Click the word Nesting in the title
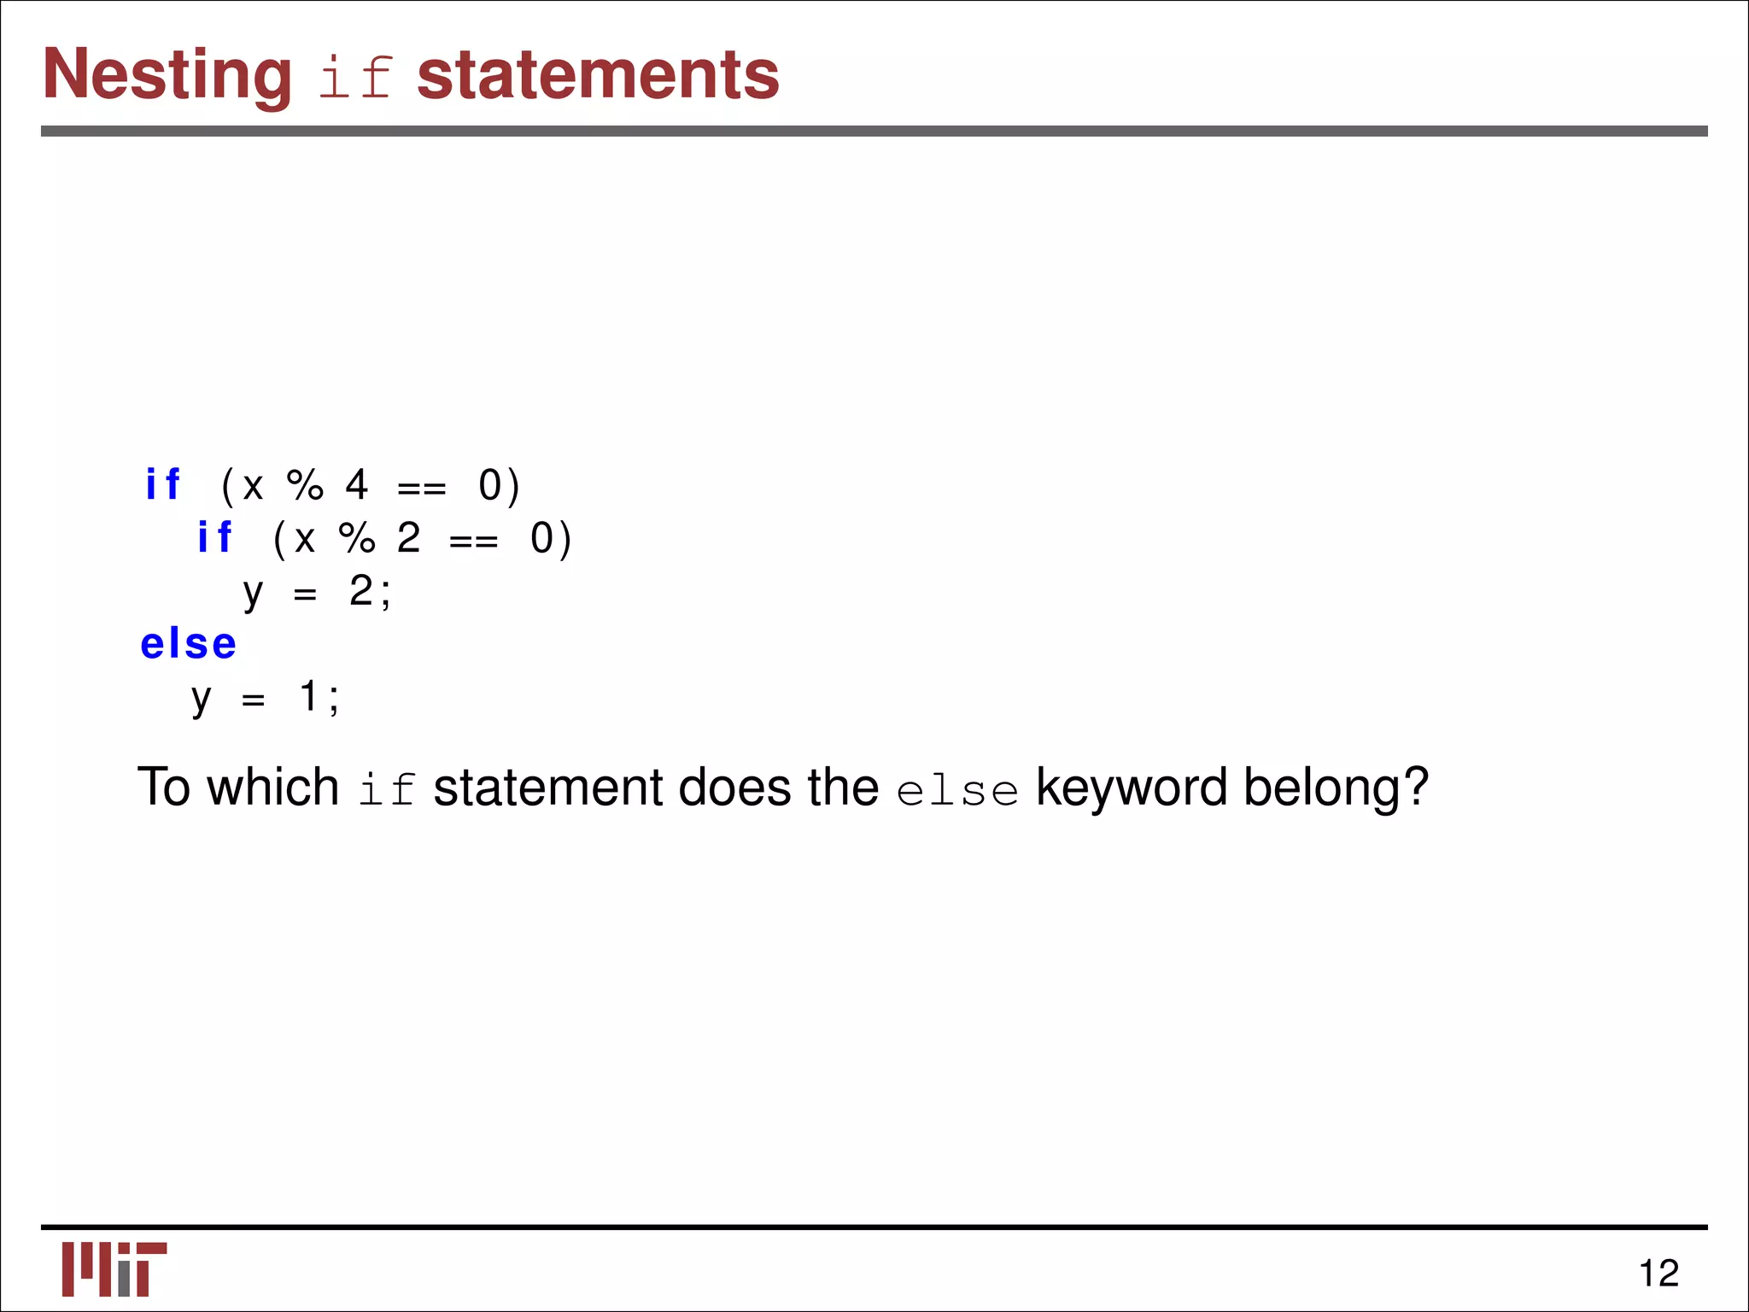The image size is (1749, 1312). [x=167, y=75]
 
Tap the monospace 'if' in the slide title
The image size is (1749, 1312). [x=354, y=78]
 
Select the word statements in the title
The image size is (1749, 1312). [x=598, y=75]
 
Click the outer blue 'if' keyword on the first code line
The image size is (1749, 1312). [x=162, y=485]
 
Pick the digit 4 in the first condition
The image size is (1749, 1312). [x=357, y=485]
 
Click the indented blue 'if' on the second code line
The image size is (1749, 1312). [x=214, y=538]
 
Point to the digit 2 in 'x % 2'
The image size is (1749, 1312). [x=409, y=538]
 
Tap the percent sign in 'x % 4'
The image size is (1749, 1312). [x=305, y=485]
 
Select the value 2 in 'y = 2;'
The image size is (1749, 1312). [x=361, y=591]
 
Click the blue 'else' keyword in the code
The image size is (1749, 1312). [x=188, y=644]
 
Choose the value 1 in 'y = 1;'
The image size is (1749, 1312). [x=309, y=696]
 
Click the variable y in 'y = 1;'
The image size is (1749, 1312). [x=202, y=700]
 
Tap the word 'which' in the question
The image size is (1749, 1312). [x=273, y=787]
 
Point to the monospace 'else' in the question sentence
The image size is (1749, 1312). [x=957, y=790]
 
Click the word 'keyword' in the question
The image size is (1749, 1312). [x=1131, y=787]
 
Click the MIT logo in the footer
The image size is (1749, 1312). [x=114, y=1268]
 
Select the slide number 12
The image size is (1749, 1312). [x=1658, y=1274]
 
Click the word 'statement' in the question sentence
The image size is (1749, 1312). [x=547, y=787]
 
